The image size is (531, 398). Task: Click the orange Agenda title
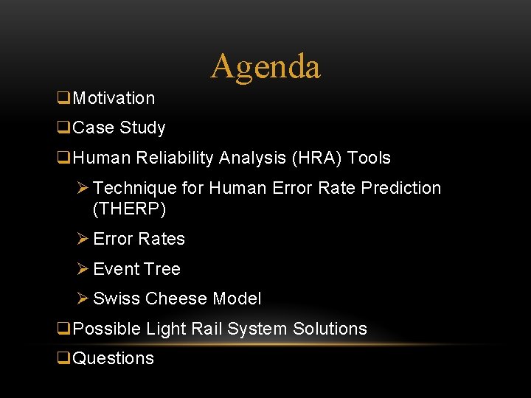265,66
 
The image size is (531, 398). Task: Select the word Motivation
114,98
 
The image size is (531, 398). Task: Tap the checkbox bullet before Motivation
63,98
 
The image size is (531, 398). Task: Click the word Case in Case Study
94,128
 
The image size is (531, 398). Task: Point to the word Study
142,128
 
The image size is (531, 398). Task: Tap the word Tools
369,158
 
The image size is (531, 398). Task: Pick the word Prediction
401,188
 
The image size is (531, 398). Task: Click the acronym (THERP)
130,209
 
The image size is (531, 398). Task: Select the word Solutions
330,329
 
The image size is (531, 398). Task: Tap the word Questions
114,359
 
